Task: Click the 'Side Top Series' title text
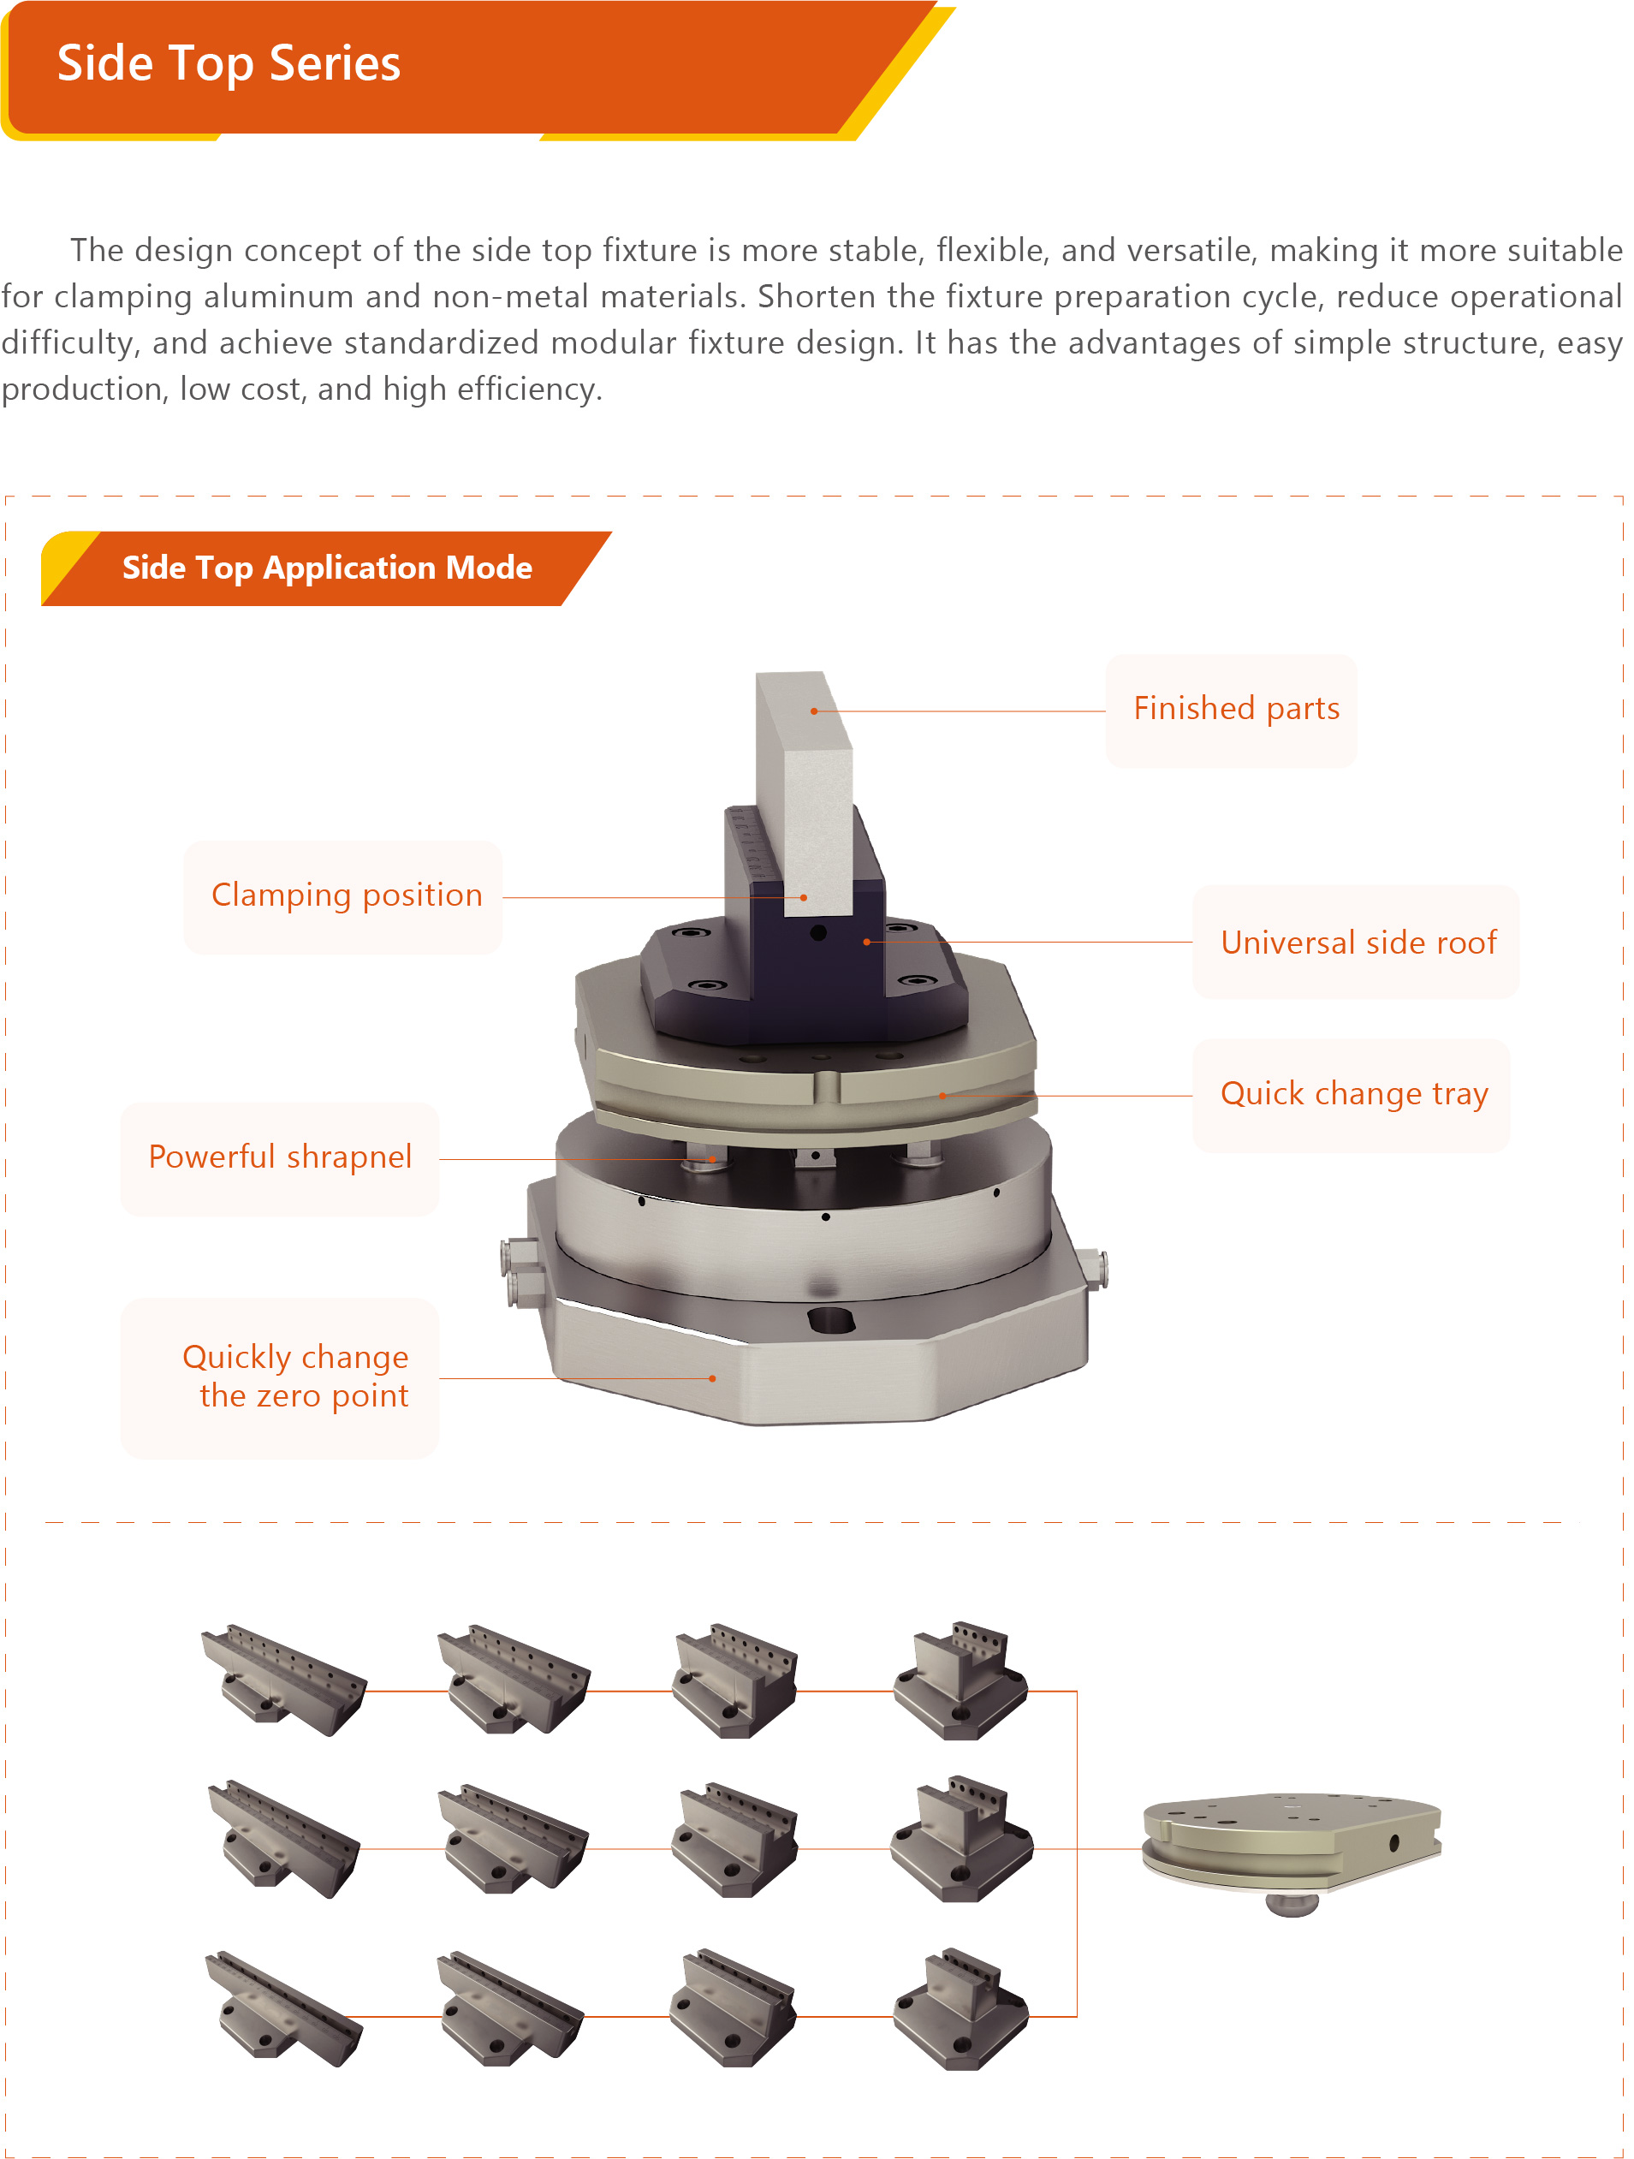click(x=229, y=64)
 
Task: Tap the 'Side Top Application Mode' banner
click(x=327, y=568)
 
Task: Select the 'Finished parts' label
click(x=1236, y=709)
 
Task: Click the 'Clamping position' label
click(x=347, y=895)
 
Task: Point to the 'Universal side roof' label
click(x=1358, y=943)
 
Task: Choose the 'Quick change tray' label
click(x=1354, y=1094)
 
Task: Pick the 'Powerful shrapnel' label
click(x=280, y=1157)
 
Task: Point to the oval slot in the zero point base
click(x=830, y=1322)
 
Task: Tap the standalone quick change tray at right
click(x=1292, y=1847)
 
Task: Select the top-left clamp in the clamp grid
click(x=283, y=1680)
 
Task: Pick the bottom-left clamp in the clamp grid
click(x=283, y=2008)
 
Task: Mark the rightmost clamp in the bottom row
click(x=961, y=2008)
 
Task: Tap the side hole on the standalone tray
click(x=1393, y=1844)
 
